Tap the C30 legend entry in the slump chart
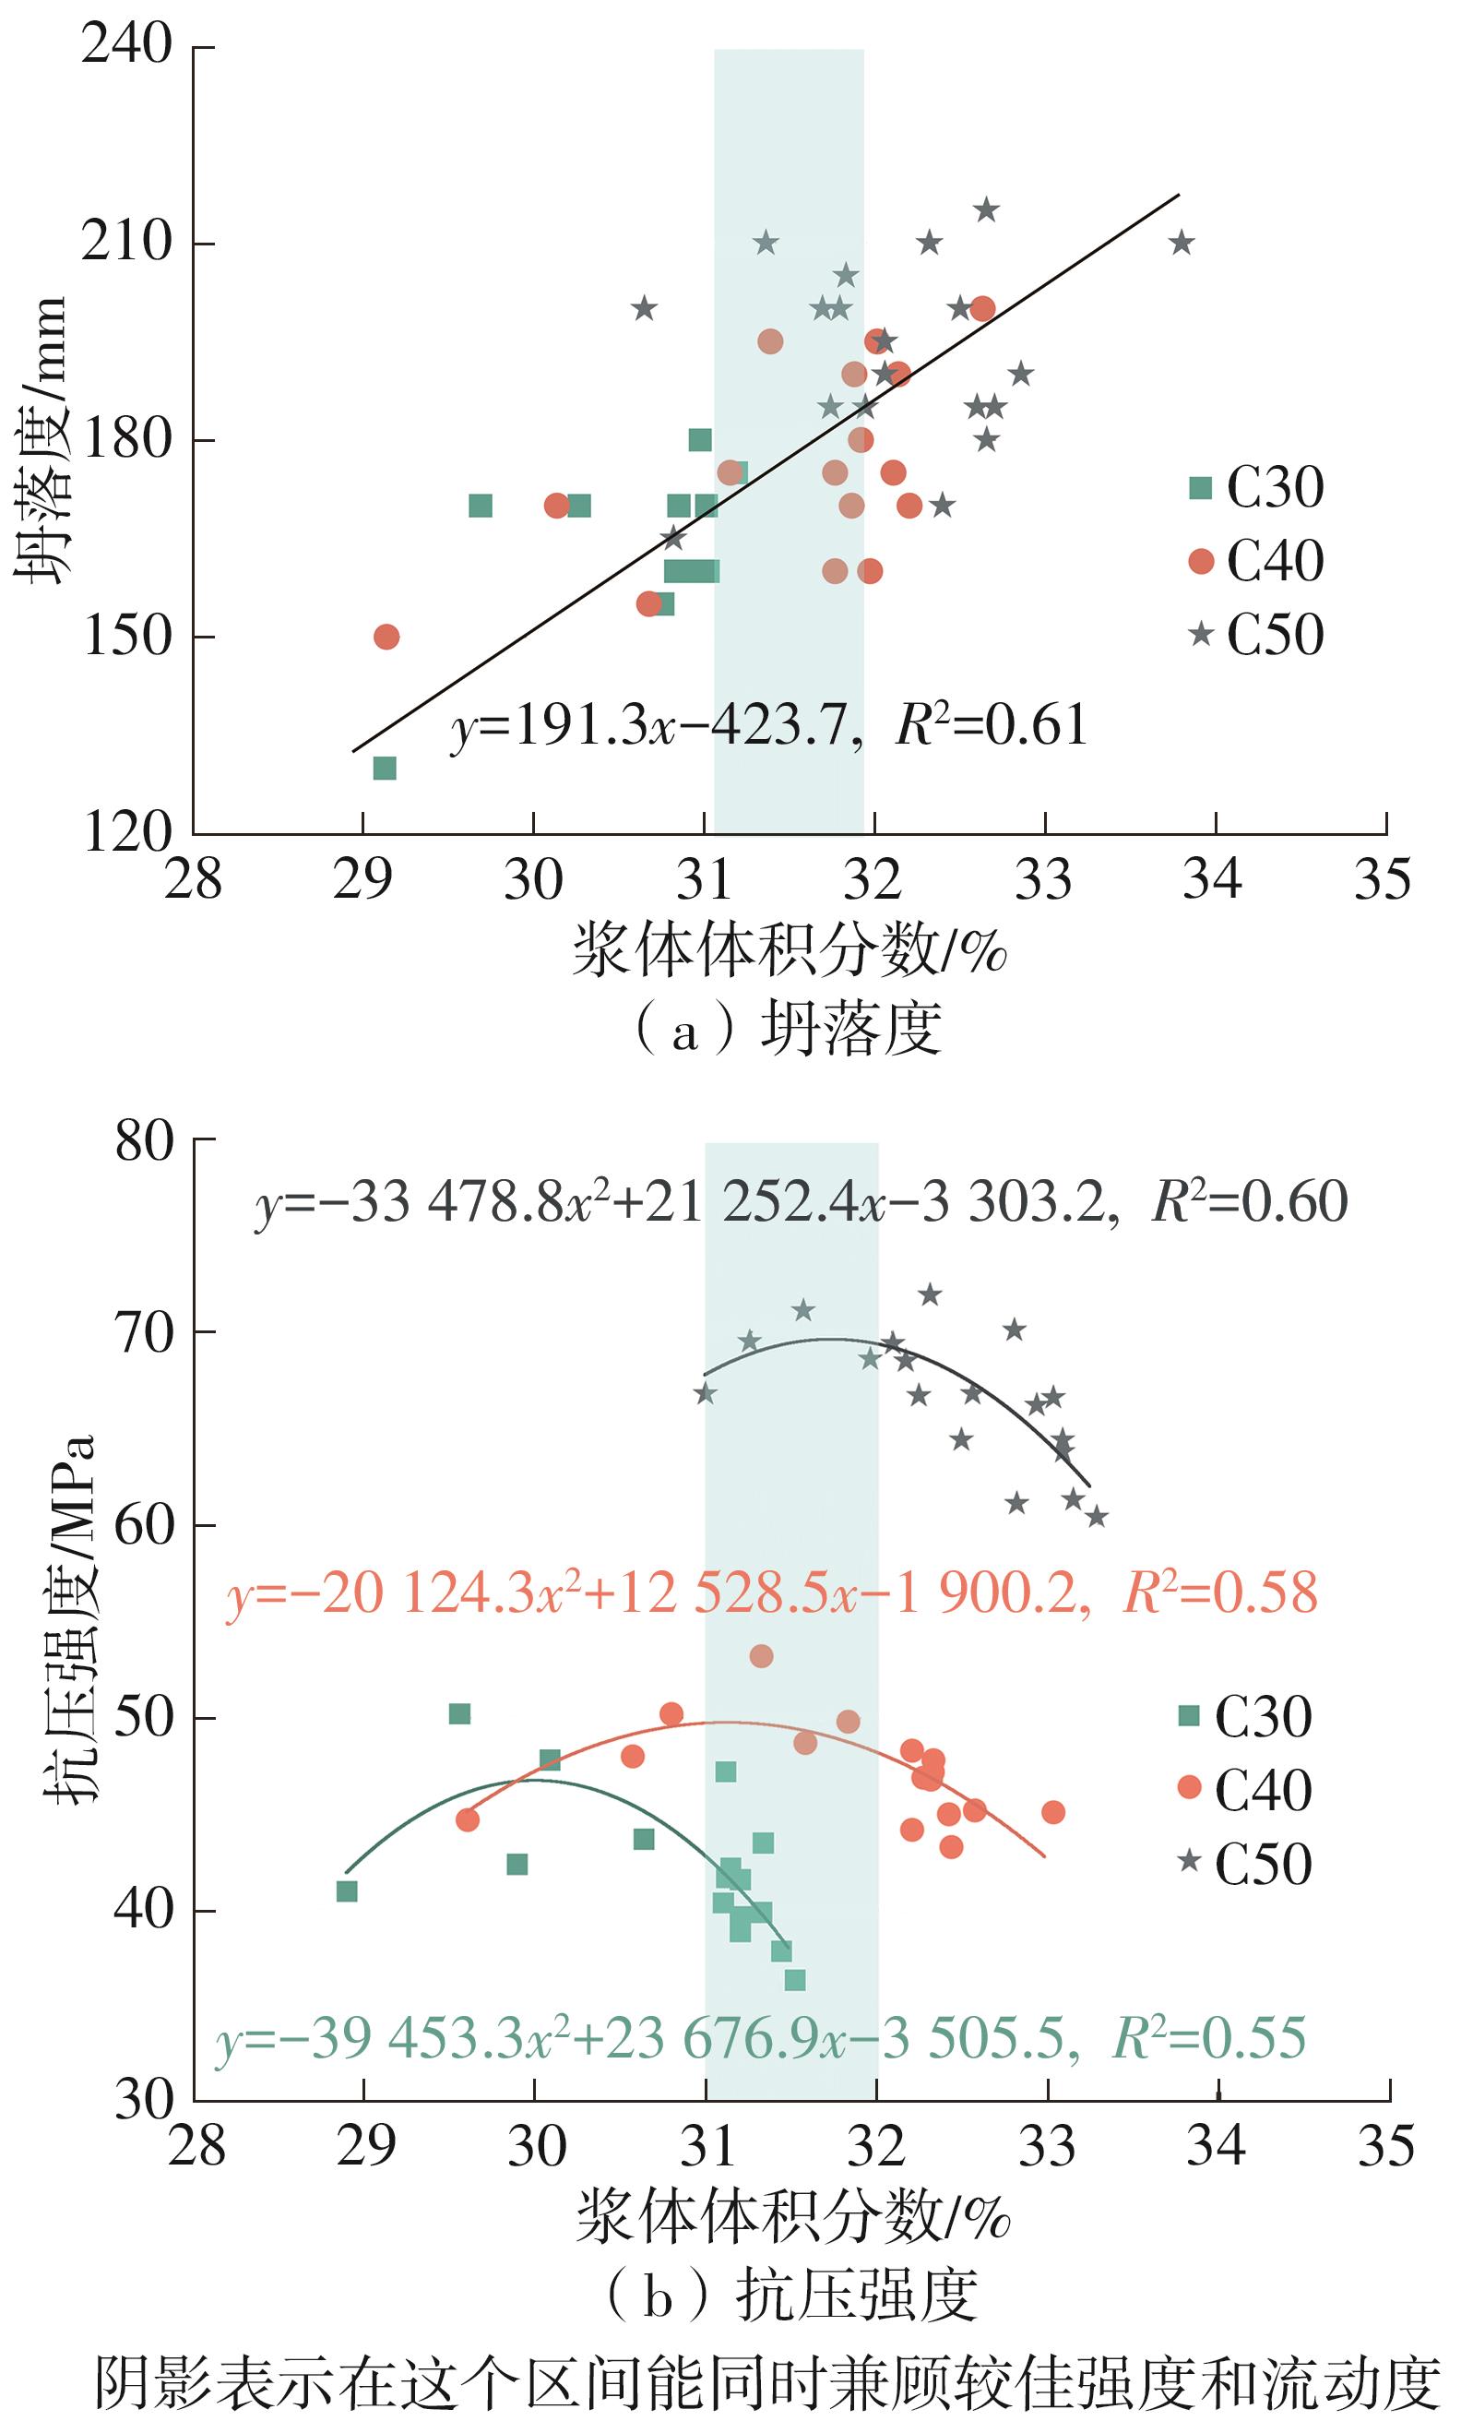click(x=1256, y=486)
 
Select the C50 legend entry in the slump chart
click(x=1256, y=634)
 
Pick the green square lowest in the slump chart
click(x=385, y=768)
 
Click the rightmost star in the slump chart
click(x=1182, y=243)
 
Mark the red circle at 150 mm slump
click(x=386, y=637)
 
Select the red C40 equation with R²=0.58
click(x=771, y=1593)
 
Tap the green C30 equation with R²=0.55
click(x=760, y=2037)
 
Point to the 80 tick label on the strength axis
click(x=144, y=1142)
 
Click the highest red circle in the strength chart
click(x=761, y=1656)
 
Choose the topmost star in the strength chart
click(x=930, y=1294)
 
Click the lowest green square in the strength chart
click(x=794, y=1980)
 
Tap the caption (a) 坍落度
click(x=788, y=1030)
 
